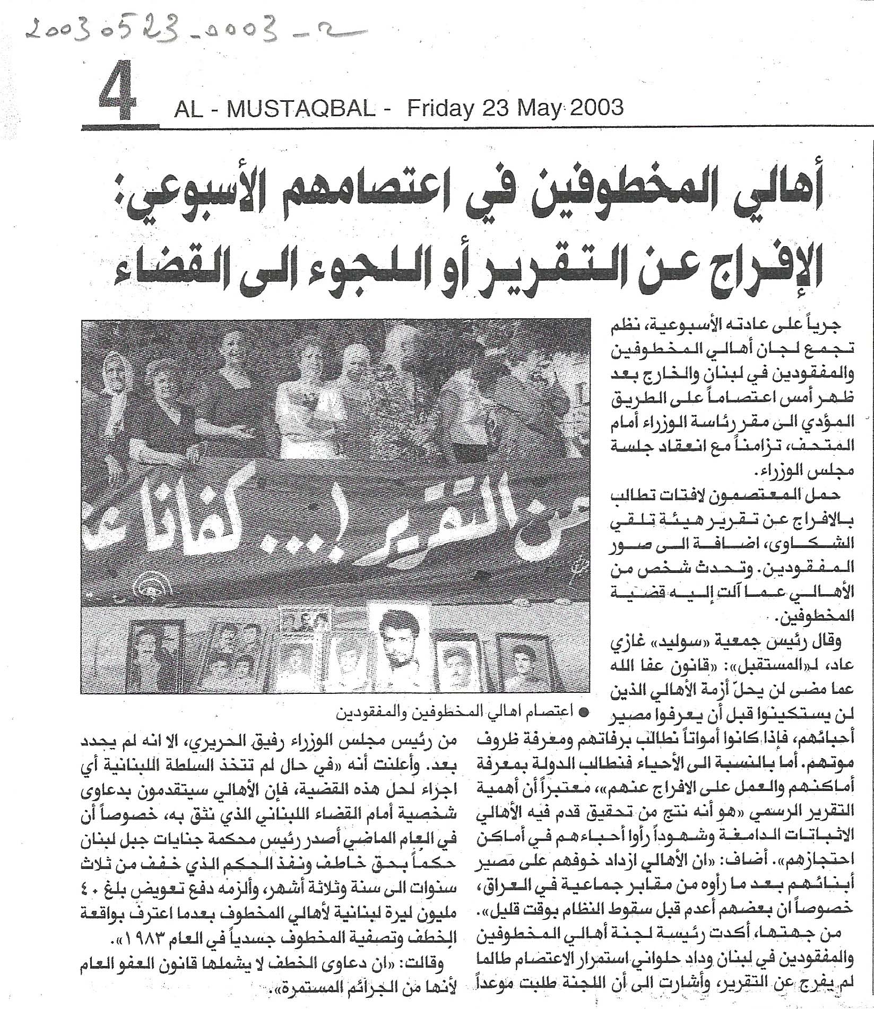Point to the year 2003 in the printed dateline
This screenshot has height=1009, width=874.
click(x=595, y=108)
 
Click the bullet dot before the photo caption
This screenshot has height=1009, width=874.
click(x=583, y=715)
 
